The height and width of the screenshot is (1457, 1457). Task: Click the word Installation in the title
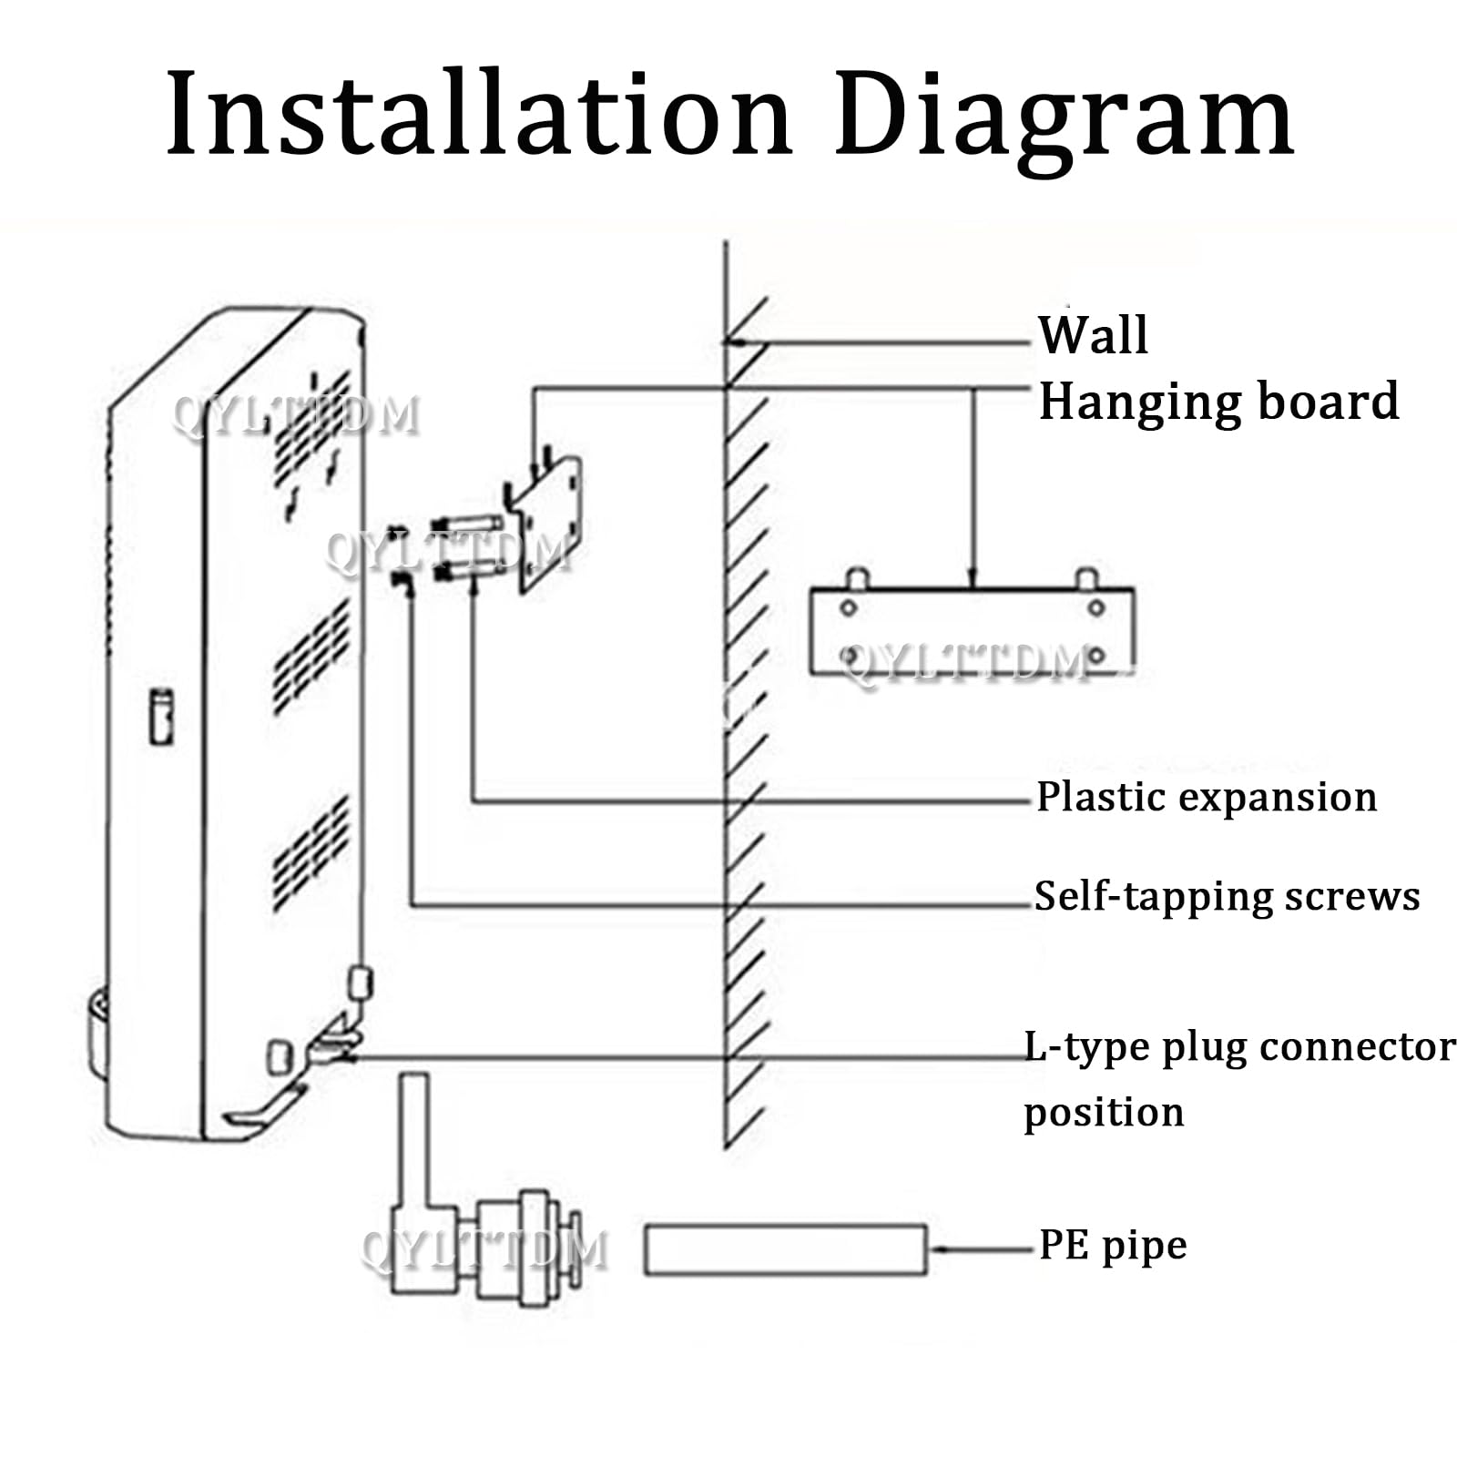tap(479, 114)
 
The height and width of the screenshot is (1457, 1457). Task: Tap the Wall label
tap(1093, 334)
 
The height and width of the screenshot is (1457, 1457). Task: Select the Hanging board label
tap(1218, 402)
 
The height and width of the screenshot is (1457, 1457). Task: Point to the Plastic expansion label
tap(1207, 798)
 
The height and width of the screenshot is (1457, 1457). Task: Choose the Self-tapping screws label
tap(1227, 897)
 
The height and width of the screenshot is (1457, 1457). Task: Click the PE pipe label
tap(1113, 1246)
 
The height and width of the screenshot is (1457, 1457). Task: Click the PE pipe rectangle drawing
tap(786, 1249)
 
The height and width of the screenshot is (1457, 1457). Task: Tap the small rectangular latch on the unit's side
tap(161, 717)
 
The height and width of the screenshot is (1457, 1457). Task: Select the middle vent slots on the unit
tap(311, 657)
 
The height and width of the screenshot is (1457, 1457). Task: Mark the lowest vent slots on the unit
tap(311, 854)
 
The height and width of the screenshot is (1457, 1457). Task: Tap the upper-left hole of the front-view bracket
tap(848, 607)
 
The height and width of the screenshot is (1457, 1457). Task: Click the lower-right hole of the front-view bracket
tap(1096, 655)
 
